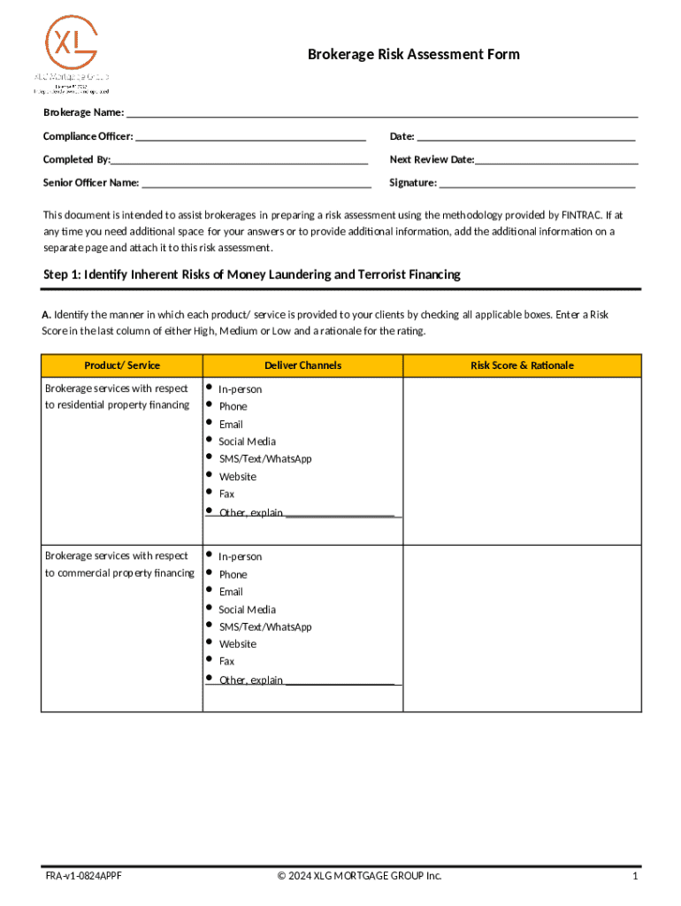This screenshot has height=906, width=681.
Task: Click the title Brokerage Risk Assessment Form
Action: click(x=413, y=55)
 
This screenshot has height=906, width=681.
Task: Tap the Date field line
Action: click(x=525, y=136)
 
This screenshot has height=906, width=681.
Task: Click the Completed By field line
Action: click(x=240, y=160)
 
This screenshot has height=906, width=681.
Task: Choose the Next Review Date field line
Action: click(x=556, y=160)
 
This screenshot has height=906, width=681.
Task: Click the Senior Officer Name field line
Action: click(x=256, y=183)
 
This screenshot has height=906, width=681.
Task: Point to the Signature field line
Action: click(x=537, y=183)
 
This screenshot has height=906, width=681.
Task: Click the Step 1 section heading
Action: click(x=252, y=275)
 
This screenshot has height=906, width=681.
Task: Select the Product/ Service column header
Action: click(x=122, y=365)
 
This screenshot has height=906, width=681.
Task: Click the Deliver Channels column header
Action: click(x=302, y=365)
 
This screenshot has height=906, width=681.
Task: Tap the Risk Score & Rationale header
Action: click(x=522, y=365)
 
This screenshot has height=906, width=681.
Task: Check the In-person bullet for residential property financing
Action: click(x=210, y=388)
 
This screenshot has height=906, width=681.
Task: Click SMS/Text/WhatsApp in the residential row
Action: click(x=264, y=458)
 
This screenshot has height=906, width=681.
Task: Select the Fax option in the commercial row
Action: click(x=226, y=661)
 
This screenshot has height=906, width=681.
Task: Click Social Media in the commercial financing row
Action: click(x=247, y=609)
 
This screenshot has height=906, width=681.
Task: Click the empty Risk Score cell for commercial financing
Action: click(x=522, y=627)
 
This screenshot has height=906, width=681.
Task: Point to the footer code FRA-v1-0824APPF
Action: click(x=84, y=876)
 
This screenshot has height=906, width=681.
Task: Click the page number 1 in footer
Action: click(x=634, y=876)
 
